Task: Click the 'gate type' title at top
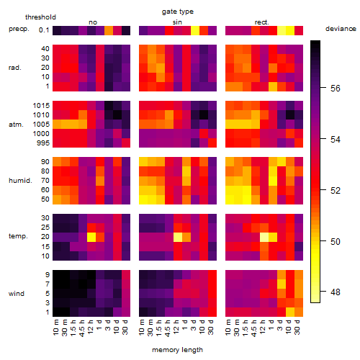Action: [x=178, y=12]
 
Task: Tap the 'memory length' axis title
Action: [x=177, y=350]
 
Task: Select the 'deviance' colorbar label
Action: [x=341, y=29]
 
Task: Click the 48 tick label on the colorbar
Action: [x=336, y=292]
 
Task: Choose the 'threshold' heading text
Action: [x=40, y=17]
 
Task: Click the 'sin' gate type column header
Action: [x=177, y=22]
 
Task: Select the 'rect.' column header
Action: [x=262, y=22]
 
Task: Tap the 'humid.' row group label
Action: [x=20, y=181]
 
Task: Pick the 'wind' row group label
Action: [x=17, y=294]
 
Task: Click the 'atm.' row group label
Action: [x=16, y=125]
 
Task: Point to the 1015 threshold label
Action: [x=41, y=106]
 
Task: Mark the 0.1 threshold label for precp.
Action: [x=44, y=30]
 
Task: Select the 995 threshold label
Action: [x=43, y=143]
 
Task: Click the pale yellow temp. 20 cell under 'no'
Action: [x=91, y=237]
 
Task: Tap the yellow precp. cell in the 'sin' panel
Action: [x=195, y=30]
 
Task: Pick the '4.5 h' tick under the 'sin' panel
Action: [x=169, y=328]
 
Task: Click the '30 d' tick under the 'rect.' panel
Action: [x=297, y=327]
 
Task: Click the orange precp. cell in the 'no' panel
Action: [x=109, y=30]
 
